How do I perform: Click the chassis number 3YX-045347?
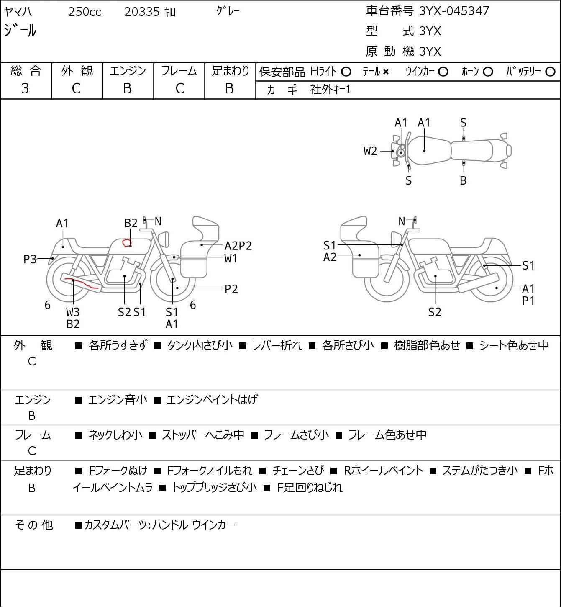(454, 11)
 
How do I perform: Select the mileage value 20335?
(142, 12)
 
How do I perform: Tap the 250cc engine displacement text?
(85, 12)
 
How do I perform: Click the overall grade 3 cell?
(26, 88)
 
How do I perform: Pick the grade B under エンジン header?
(128, 88)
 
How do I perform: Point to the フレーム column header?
(179, 71)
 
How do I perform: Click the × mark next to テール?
(385, 72)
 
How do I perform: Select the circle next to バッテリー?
(551, 72)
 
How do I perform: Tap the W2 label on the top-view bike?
(370, 151)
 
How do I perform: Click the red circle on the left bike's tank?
(126, 242)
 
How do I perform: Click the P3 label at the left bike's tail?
(30, 260)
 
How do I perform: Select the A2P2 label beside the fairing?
(238, 246)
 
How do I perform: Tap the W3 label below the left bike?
(73, 312)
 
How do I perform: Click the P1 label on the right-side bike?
(528, 301)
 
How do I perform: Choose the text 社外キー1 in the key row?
(330, 89)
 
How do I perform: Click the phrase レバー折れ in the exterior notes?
(277, 345)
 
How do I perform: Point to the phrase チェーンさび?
(298, 471)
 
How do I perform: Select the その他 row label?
(33, 525)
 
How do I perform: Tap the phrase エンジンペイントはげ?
(212, 400)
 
